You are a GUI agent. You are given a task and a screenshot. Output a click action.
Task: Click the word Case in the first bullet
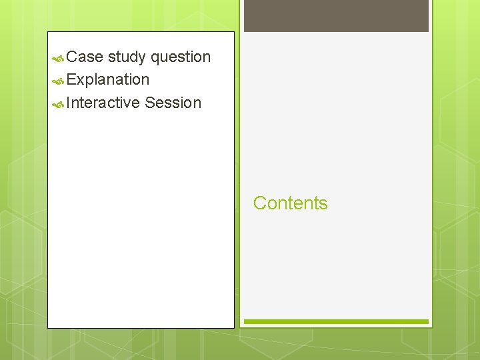[x=85, y=57]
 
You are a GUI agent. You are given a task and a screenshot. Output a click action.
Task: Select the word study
[x=127, y=57]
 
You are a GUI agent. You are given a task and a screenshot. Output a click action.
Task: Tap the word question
[x=181, y=58]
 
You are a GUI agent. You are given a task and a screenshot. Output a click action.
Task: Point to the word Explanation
[x=108, y=80]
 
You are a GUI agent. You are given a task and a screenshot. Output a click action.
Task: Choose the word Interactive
[x=103, y=103]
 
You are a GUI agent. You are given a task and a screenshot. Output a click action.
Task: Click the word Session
[x=173, y=103]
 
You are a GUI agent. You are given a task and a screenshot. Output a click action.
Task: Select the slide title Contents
[x=290, y=203]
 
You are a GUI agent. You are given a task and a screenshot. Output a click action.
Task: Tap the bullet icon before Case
[x=58, y=59]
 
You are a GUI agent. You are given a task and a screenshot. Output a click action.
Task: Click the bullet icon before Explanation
[x=58, y=81]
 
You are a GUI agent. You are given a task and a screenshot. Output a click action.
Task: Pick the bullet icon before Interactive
[x=58, y=104]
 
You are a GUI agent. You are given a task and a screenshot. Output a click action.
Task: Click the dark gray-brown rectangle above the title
[x=336, y=15]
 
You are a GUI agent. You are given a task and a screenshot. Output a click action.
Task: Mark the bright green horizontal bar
[x=336, y=321]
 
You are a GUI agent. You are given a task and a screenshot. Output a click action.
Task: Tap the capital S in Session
[x=149, y=103]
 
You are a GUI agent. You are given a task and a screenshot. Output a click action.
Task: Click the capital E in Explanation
[x=71, y=80]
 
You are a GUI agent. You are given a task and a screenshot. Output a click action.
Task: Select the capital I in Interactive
[x=69, y=103]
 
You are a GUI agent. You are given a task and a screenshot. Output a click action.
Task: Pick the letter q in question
[x=155, y=59]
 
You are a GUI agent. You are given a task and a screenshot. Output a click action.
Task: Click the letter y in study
[x=141, y=59]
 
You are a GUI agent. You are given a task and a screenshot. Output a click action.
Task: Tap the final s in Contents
[x=323, y=204]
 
